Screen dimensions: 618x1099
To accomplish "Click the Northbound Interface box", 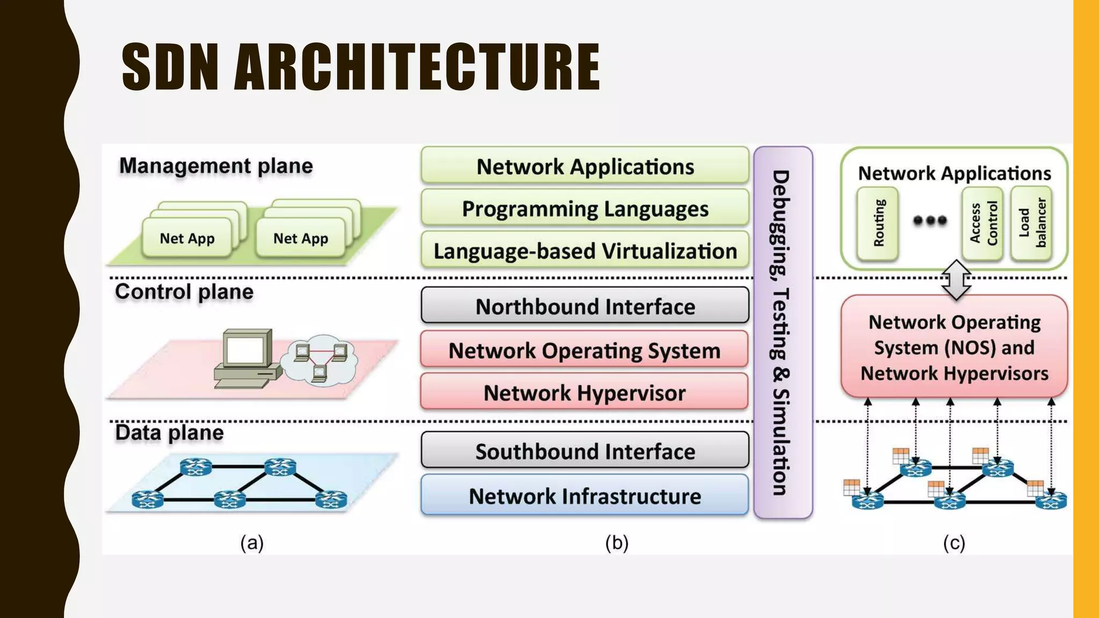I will [585, 306].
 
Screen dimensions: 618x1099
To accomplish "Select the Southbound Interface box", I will [585, 451].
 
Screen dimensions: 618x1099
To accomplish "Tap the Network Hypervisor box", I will [585, 393].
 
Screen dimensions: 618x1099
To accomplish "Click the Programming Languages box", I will [585, 209].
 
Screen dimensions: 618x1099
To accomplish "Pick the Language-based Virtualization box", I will [585, 251].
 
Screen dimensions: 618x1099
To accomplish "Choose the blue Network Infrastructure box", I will [585, 496].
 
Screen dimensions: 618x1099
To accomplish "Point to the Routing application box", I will [878, 223].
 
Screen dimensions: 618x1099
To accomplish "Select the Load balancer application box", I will [1031, 223].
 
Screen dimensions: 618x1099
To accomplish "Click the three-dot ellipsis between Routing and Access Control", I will [930, 220].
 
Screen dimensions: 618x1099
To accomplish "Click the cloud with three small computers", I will [321, 360].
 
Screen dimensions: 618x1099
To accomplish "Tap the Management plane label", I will [216, 166].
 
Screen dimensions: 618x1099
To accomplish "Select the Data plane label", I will [169, 432].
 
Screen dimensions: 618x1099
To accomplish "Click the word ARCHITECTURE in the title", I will [417, 68].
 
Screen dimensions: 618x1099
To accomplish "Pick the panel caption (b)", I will [617, 543].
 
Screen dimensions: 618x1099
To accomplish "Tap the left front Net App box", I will [187, 238].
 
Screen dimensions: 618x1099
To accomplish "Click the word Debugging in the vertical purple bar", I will [781, 225].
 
